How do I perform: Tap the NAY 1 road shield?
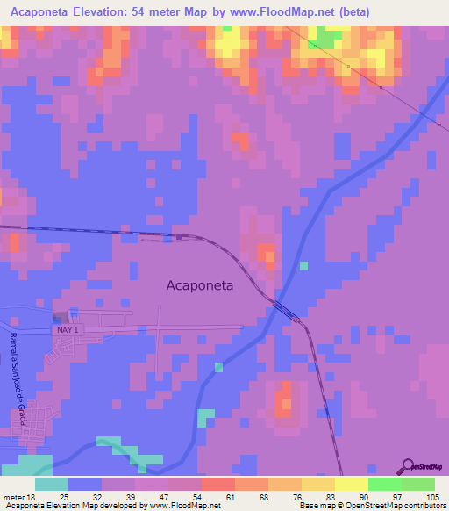(69, 329)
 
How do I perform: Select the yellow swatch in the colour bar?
(351, 484)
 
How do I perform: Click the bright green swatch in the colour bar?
(384, 484)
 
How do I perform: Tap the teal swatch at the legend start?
(52, 484)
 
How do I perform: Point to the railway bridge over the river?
(284, 306)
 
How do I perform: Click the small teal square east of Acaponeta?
(303, 265)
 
